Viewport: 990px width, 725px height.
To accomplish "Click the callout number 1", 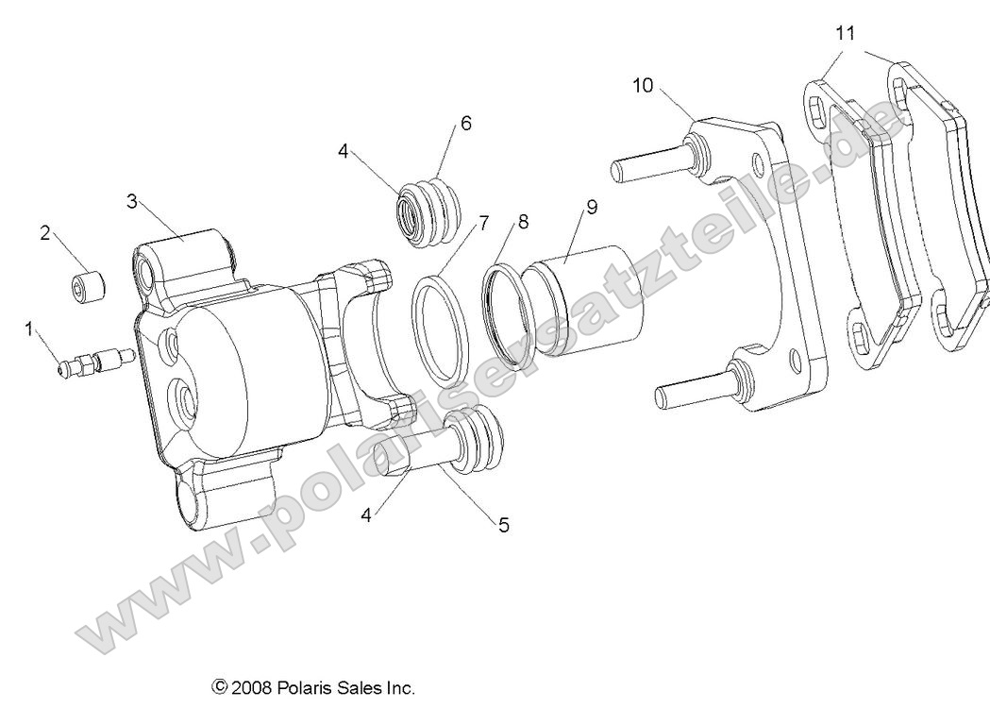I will [29, 329].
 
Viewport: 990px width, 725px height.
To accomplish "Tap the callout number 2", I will [44, 232].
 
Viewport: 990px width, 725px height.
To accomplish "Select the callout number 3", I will [132, 200].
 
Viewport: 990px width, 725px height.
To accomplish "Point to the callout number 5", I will [504, 525].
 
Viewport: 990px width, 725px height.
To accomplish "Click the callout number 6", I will [465, 124].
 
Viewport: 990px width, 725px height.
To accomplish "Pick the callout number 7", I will [483, 223].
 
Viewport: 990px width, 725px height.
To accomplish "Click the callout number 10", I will [643, 85].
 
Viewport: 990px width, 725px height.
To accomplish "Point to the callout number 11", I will [846, 33].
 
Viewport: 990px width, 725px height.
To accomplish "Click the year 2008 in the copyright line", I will [253, 688].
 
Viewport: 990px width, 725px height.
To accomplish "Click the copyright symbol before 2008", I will [221, 688].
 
